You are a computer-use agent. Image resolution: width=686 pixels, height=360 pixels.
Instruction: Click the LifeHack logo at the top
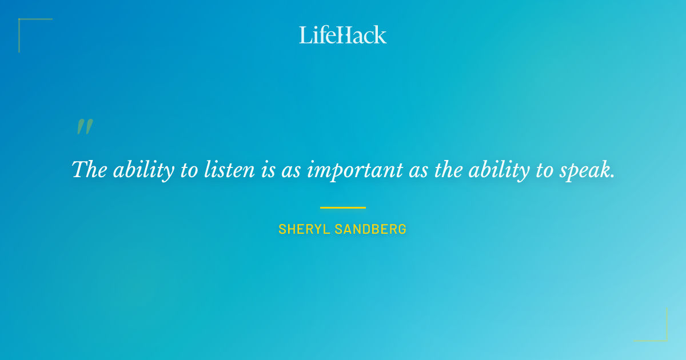(342, 35)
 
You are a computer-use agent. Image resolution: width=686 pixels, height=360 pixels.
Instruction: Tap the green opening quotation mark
(85, 127)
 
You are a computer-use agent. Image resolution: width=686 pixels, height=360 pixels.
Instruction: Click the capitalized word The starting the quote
(89, 170)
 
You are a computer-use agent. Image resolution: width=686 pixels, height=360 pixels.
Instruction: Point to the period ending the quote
(613, 176)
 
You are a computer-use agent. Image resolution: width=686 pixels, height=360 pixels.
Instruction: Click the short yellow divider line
(342, 207)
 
